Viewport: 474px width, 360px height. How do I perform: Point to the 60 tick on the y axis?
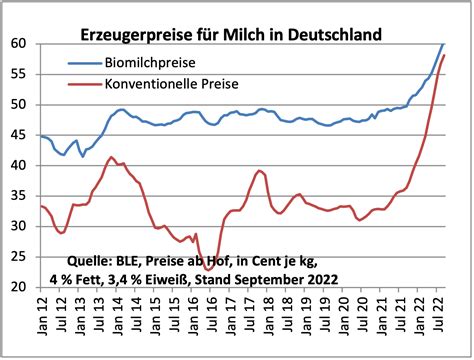[x=20, y=44]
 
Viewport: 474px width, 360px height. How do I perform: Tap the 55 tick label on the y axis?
[x=20, y=74]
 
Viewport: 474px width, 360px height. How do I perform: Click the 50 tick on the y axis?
[x=20, y=105]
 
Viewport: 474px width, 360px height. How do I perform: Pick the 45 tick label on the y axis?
[x=20, y=135]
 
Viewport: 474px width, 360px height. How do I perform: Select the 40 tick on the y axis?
[x=20, y=166]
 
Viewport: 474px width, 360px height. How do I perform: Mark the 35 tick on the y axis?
[x=20, y=196]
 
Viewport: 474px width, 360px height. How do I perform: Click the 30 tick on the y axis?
[x=20, y=227]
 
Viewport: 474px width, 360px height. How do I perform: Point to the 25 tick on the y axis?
[x=20, y=257]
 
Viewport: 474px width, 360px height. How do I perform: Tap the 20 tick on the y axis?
[x=20, y=288]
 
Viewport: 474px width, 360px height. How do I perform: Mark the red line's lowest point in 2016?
[x=208, y=269]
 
